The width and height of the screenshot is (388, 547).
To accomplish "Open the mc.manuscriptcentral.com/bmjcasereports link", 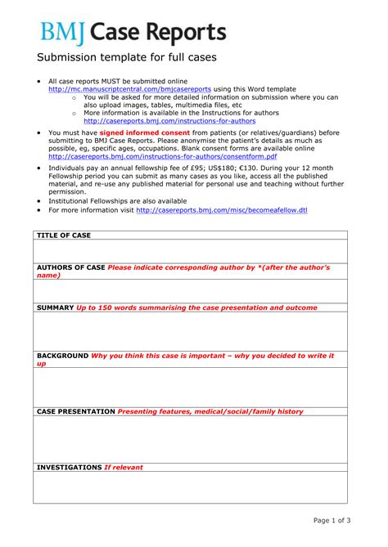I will tap(130, 88).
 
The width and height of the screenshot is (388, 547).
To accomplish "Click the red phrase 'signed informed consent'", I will tap(144, 132).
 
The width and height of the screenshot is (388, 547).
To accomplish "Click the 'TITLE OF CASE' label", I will tap(64, 235).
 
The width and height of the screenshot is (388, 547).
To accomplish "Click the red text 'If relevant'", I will tap(123, 468).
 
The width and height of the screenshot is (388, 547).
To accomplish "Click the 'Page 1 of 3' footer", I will tap(332, 520).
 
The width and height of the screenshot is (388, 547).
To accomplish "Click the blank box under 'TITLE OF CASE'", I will tap(190, 250).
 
